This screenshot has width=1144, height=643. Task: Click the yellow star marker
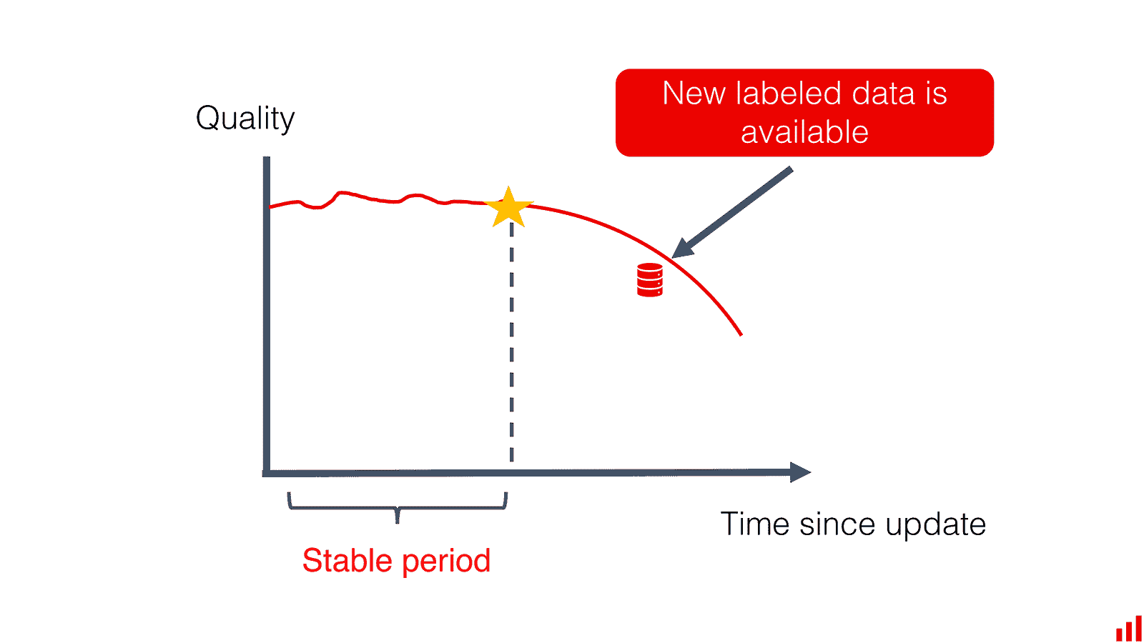click(508, 208)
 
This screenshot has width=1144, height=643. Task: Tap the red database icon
click(650, 279)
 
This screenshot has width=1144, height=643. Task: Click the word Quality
click(245, 119)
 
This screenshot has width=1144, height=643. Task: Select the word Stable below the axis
click(347, 560)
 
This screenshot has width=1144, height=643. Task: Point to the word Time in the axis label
click(754, 524)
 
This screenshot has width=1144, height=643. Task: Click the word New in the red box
click(694, 94)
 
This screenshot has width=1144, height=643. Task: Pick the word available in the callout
click(804, 132)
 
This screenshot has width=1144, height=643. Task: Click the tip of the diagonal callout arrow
click(672, 258)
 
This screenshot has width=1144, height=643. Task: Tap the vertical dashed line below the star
click(512, 342)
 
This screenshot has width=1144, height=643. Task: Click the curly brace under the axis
click(398, 508)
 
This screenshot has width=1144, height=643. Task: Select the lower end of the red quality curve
click(741, 335)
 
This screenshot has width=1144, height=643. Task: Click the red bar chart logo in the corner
click(1129, 629)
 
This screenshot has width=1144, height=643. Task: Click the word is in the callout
click(937, 93)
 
